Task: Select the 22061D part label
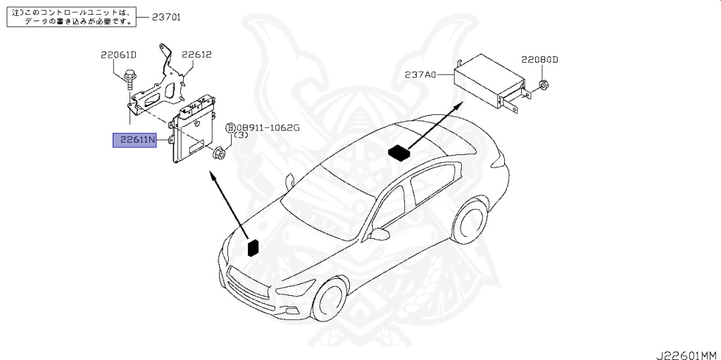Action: click(x=118, y=54)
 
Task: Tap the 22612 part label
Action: click(x=196, y=54)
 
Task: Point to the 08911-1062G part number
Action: click(x=268, y=128)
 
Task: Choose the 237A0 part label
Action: click(x=420, y=74)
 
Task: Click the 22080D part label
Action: click(x=539, y=60)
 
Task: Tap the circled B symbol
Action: click(x=230, y=128)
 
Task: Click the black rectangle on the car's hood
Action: click(x=252, y=247)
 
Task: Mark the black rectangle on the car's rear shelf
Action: click(x=399, y=153)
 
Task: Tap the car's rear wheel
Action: click(x=471, y=225)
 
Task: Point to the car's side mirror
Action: click(x=381, y=233)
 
